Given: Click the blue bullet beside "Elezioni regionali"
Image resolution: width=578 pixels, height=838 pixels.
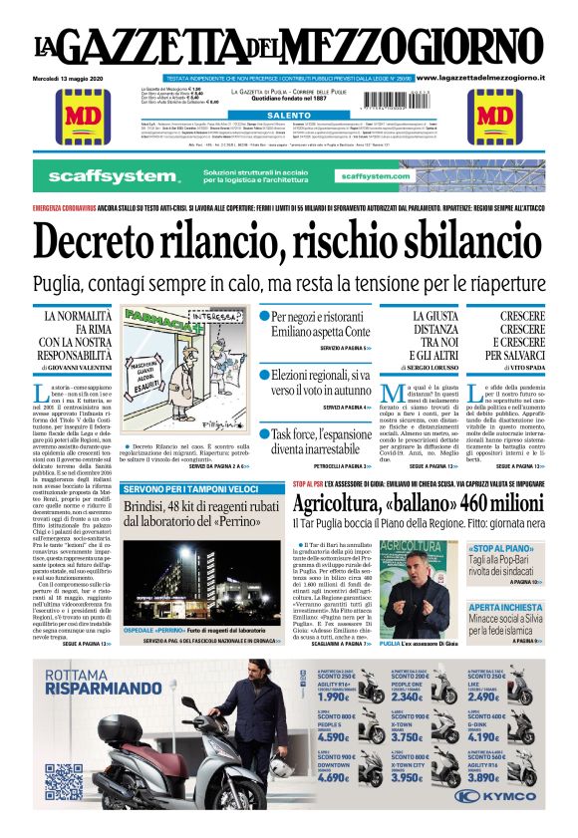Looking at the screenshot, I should coord(265,376).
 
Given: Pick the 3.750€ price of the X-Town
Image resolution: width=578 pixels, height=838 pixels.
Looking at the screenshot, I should coord(412,736).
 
